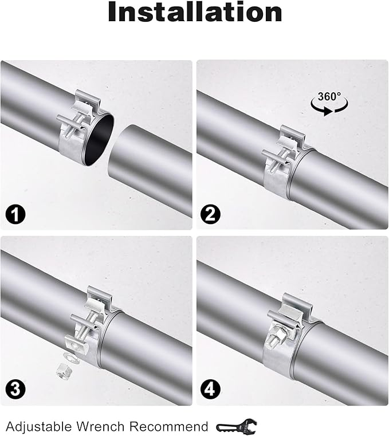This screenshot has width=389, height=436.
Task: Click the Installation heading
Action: [x=195, y=13]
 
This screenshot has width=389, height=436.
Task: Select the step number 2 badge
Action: [x=210, y=215]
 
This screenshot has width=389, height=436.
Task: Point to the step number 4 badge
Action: [x=210, y=391]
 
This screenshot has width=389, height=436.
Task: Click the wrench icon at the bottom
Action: [x=237, y=426]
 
